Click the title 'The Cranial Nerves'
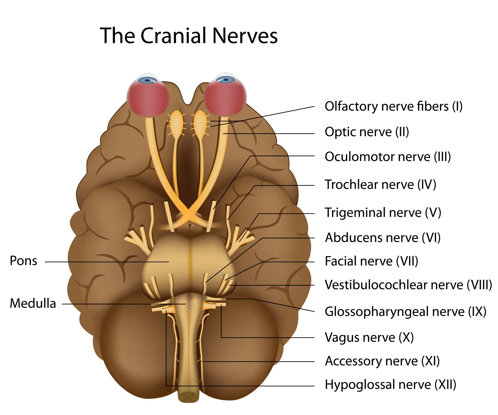pos(189,36)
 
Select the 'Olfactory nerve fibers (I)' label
pos(393,106)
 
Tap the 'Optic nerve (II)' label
pos(367,132)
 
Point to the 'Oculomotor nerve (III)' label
pos(388,157)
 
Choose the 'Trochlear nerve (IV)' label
pos(381,184)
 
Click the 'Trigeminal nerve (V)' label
pos(383,212)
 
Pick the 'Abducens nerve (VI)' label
pos(383,238)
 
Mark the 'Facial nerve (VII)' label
pos(371,261)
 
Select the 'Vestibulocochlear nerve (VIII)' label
pos(408,285)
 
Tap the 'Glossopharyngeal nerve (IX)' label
pos(405,312)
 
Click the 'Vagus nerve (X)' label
pos(369,337)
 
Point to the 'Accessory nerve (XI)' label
pos(382,361)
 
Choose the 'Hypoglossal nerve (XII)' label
pos(390,384)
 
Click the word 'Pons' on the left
pos(23,261)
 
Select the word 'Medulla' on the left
pos(33,303)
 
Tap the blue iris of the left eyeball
pos(148,80)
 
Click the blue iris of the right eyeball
pos(225,79)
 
